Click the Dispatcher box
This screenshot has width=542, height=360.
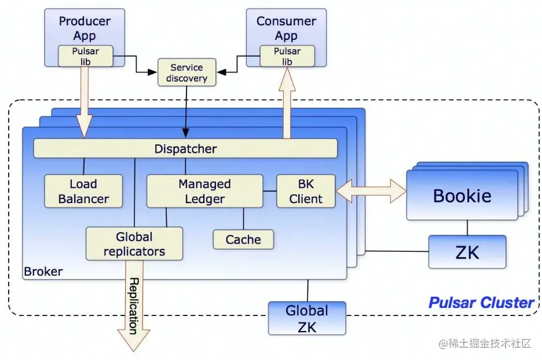coord(185,149)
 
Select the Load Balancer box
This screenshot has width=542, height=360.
coord(84,192)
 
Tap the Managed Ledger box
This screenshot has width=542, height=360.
coord(204,192)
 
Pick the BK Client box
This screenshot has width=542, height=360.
coord(306,192)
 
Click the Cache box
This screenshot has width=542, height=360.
coord(243,240)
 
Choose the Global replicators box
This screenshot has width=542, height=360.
coord(134,244)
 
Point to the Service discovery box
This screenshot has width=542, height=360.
coord(186,73)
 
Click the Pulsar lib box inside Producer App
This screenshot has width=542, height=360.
coord(86,56)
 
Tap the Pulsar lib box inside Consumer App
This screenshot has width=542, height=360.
coord(287,56)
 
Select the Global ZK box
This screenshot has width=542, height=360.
coord(307,318)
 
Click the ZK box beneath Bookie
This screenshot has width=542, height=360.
coord(467,252)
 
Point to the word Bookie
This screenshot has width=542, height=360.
coord(462,196)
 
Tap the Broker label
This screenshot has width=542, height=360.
coord(43,271)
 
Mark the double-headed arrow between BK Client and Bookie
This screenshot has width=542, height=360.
coord(371,191)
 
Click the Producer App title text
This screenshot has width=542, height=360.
coord(84,28)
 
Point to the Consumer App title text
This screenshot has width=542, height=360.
coord(286,28)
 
